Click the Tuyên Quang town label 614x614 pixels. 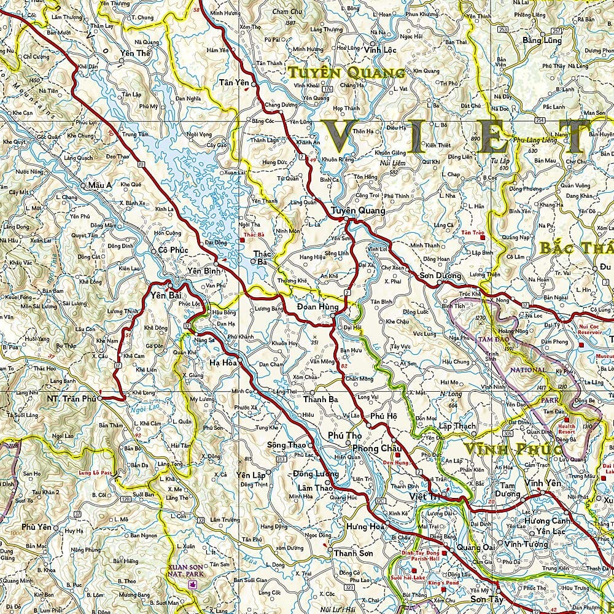point(358,211)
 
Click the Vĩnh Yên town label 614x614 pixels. point(543,483)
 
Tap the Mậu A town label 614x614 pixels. point(100,184)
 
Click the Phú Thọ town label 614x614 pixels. point(345,435)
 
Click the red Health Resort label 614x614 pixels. point(567,428)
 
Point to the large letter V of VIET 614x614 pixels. point(346,136)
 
